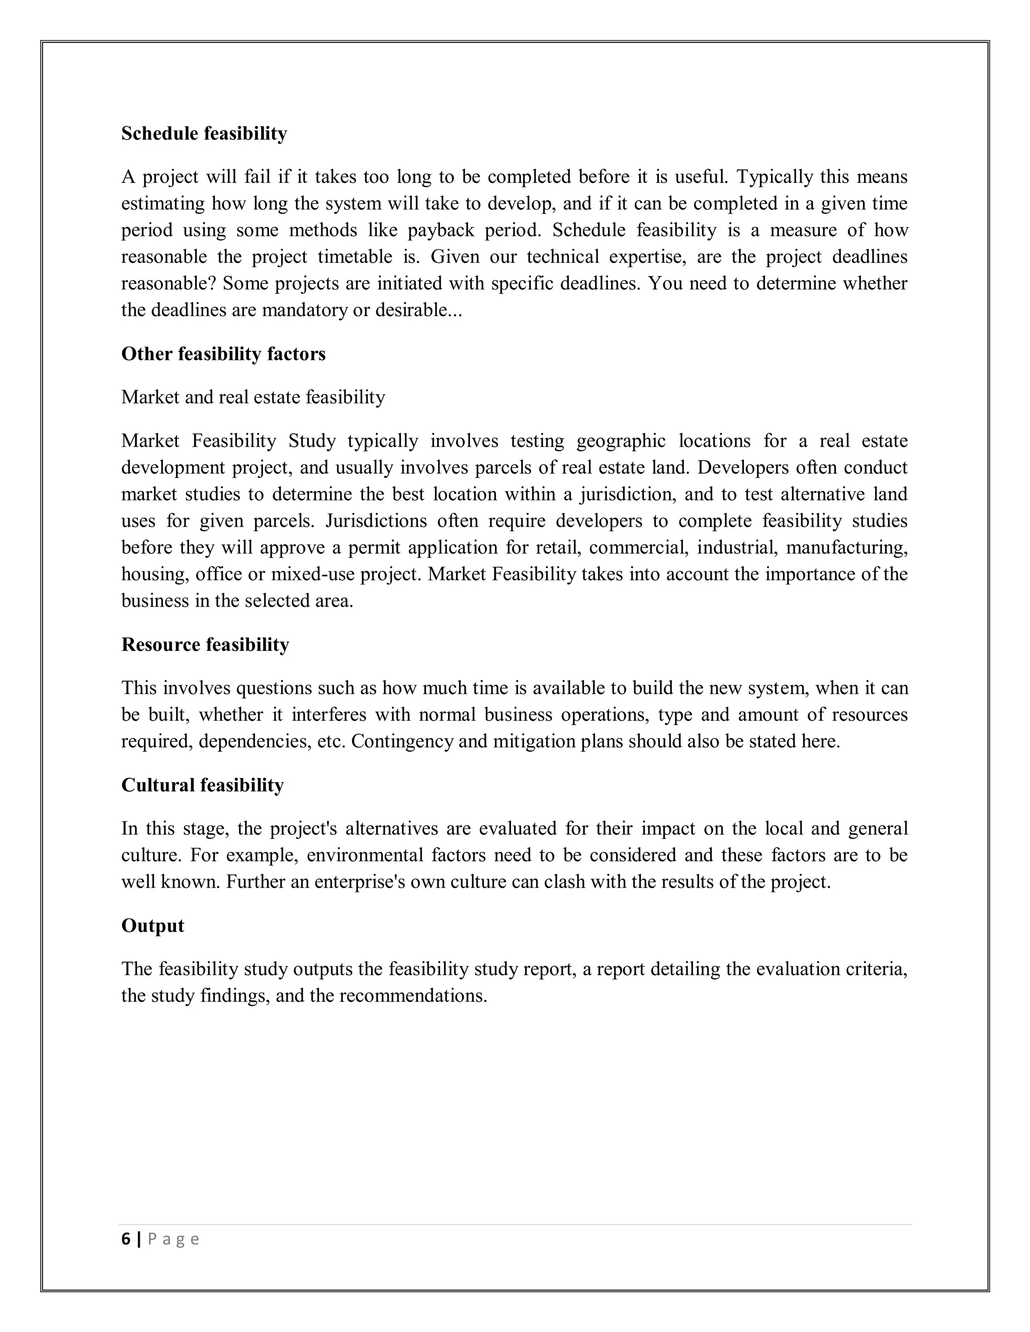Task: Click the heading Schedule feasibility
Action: point(204,134)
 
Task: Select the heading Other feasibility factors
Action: point(223,354)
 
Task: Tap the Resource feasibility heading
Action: point(205,645)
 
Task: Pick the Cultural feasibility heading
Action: point(203,786)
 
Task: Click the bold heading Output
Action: point(152,926)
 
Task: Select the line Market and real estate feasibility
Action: point(253,398)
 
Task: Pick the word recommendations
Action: point(412,996)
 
